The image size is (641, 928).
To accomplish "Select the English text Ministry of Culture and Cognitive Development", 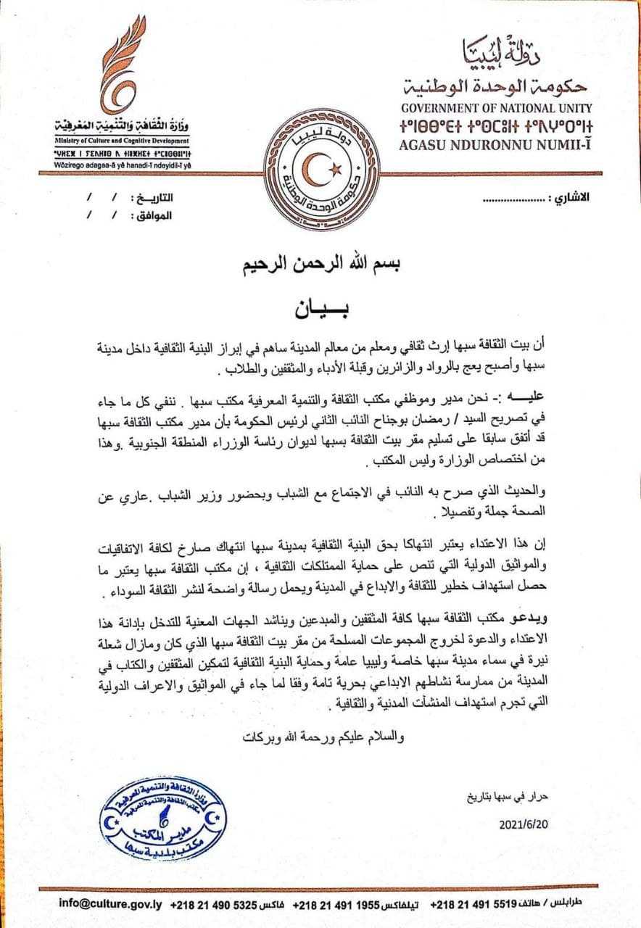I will coord(121,141).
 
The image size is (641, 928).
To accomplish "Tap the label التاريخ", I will coord(153,198).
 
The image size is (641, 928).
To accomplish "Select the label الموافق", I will coord(154,215).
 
